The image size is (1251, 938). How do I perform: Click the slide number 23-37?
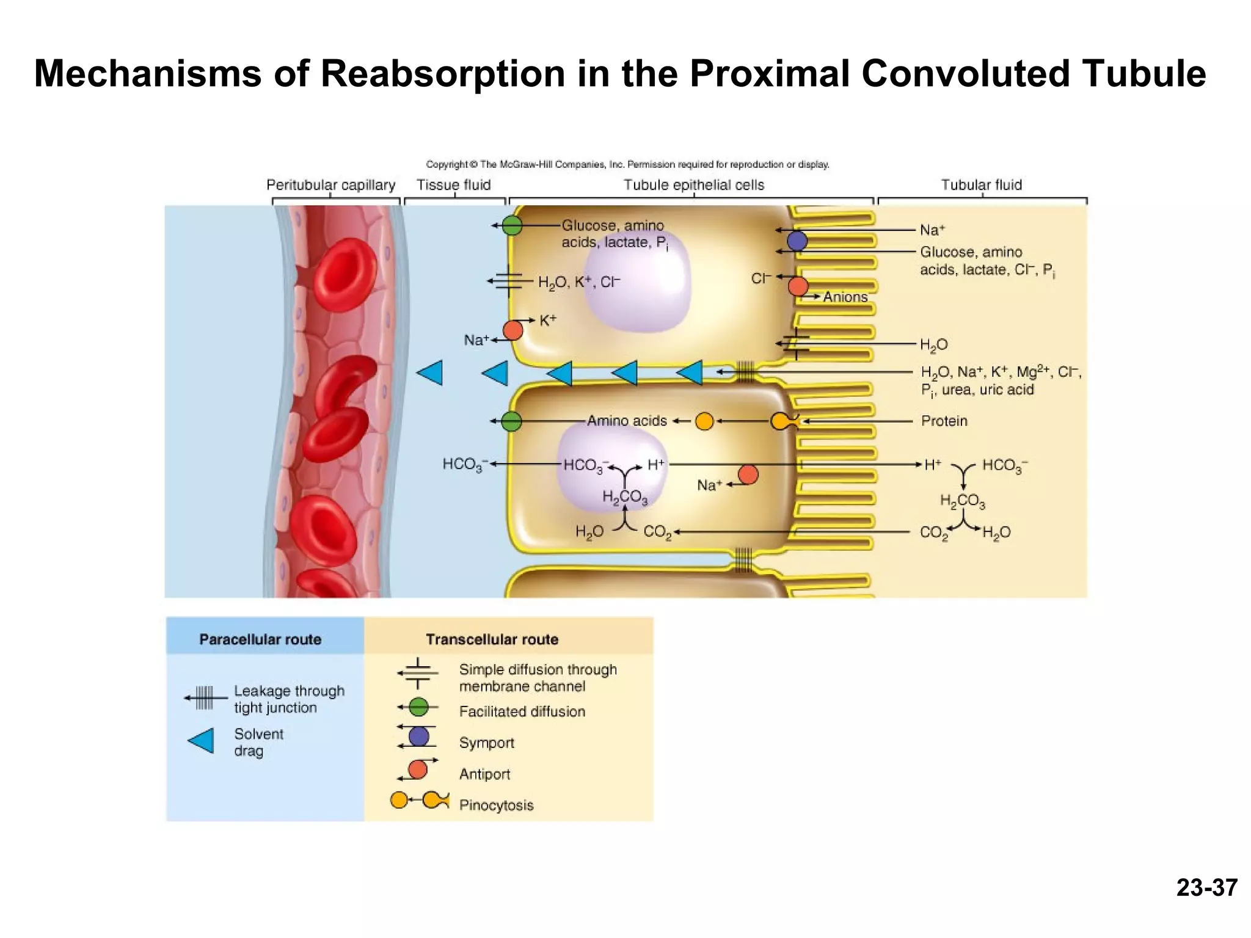point(1206,887)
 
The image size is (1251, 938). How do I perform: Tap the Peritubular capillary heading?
point(330,184)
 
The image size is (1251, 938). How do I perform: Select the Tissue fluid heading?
point(453,184)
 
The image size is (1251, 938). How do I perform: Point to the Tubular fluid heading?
point(981,184)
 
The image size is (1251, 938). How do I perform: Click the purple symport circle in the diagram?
point(797,241)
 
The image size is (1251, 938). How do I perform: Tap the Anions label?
point(845,297)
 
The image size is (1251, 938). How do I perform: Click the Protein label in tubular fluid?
point(944,421)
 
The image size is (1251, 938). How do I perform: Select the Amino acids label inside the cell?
point(627,421)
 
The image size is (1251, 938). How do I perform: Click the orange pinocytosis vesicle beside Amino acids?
point(704,421)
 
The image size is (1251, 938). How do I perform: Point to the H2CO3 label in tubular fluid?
point(962,501)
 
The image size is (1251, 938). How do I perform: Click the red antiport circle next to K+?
point(512,330)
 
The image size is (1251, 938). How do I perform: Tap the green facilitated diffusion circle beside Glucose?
point(512,225)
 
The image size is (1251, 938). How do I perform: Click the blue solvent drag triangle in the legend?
point(201,741)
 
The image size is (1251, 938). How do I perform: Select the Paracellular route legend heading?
point(260,639)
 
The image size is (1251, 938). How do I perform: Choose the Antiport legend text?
point(484,774)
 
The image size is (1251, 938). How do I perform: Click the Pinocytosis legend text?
point(496,805)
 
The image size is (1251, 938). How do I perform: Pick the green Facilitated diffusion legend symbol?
point(418,707)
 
